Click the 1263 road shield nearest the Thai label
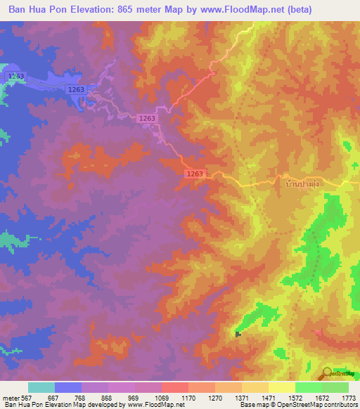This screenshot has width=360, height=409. coord(195,174)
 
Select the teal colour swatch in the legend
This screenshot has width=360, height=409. coord(41,387)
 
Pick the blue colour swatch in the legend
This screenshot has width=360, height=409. coord(68,387)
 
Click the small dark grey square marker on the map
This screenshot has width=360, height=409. coord(238,334)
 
